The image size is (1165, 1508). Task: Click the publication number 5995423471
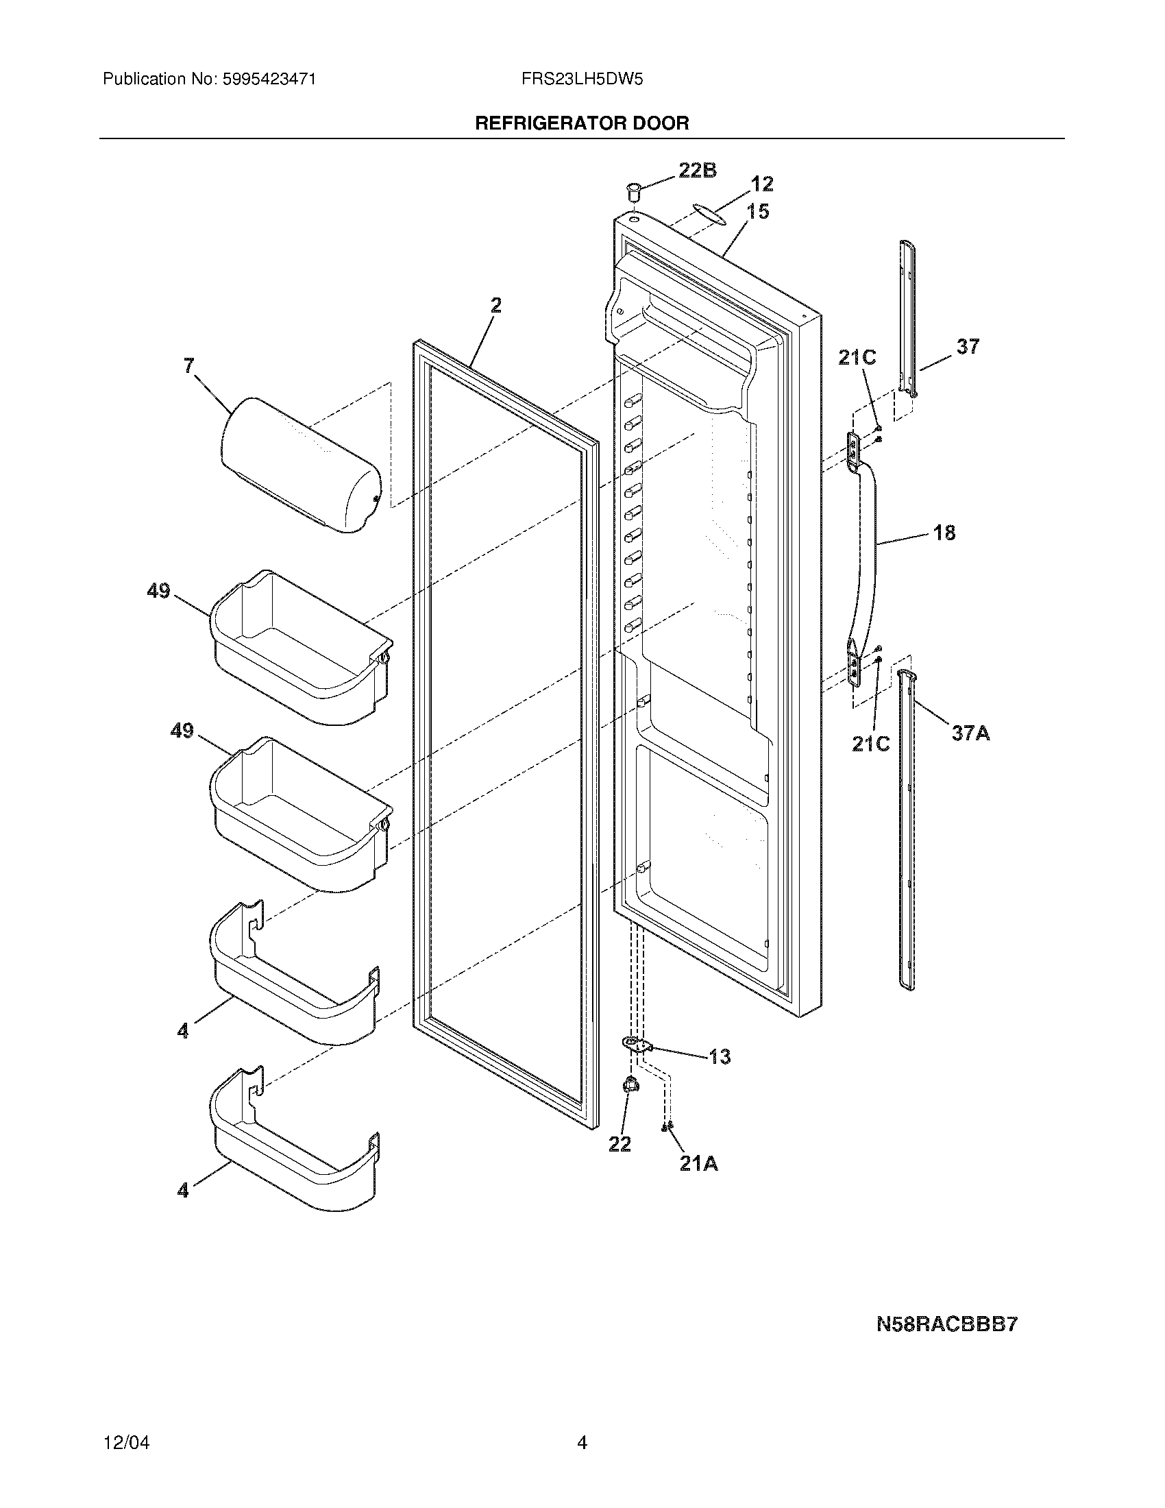[269, 80]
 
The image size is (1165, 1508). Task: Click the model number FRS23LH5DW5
[582, 80]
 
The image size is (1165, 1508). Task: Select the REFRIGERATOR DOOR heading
[582, 123]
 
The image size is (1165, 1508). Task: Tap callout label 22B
[698, 170]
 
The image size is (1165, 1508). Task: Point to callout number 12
[762, 184]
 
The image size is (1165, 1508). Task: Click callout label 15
[758, 211]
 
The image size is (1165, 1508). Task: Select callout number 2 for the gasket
[495, 305]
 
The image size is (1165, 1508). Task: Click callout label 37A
[970, 733]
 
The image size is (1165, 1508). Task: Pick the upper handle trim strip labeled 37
[908, 317]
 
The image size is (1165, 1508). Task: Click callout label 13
[719, 1056]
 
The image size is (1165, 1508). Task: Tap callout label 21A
[698, 1163]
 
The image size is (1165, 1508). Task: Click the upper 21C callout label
[857, 357]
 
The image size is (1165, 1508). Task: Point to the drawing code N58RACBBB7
[947, 1325]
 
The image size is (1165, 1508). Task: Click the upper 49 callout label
[158, 591]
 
